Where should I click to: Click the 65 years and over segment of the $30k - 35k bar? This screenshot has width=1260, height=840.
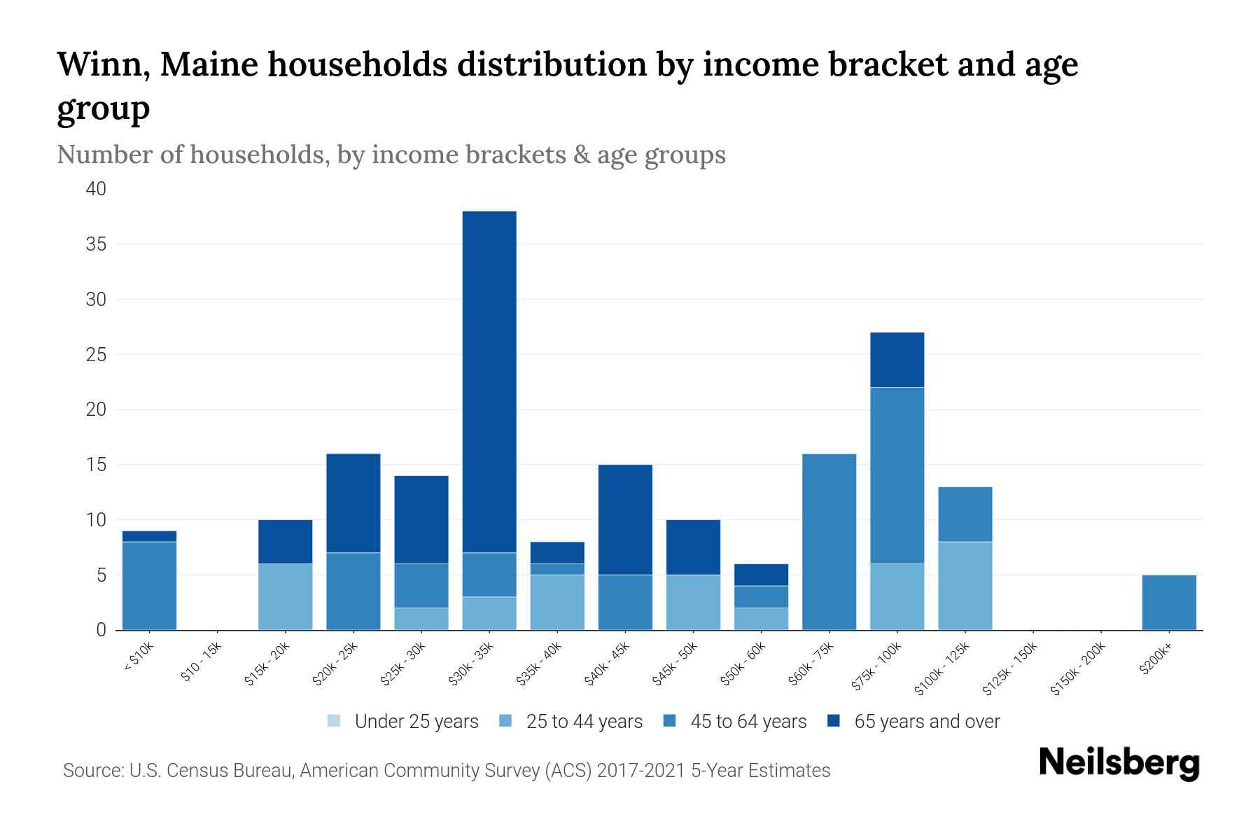point(489,381)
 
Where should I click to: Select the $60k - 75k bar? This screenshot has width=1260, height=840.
point(829,542)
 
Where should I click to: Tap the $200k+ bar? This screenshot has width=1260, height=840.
point(1168,602)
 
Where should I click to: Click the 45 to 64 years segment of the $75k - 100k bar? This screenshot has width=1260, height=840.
point(897,475)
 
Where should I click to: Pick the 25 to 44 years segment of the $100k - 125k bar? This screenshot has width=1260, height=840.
point(965,585)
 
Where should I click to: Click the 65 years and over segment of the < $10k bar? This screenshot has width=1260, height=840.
point(149,536)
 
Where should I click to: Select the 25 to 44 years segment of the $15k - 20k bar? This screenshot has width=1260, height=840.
point(285,596)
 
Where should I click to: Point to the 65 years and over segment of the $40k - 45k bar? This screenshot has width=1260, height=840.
point(625,519)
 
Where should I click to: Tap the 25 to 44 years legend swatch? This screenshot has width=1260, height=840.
point(505,721)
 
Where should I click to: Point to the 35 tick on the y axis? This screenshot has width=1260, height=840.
point(97,244)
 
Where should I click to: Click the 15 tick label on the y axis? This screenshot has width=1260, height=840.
point(97,465)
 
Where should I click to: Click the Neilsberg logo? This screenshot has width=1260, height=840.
point(1119,763)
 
